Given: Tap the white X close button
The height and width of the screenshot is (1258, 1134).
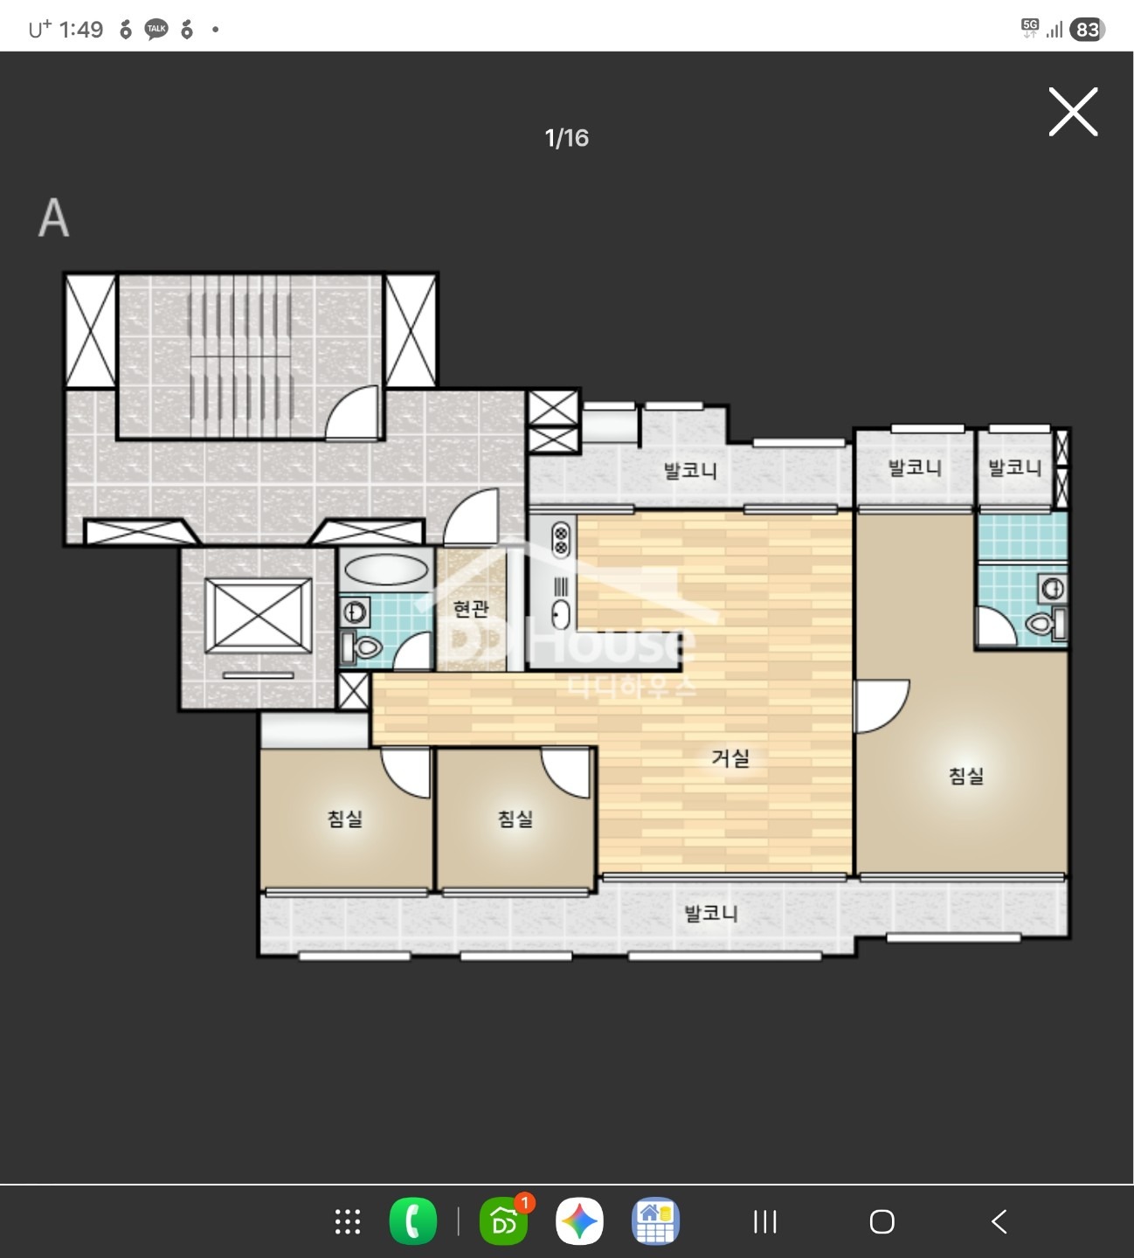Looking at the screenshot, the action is (x=1073, y=112).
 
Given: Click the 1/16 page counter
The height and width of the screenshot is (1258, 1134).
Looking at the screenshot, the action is (x=566, y=138).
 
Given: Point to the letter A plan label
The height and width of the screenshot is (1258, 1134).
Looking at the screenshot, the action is (x=54, y=218).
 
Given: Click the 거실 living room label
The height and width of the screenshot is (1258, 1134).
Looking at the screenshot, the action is (x=730, y=758).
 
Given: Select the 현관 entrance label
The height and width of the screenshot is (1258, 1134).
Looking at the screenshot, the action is (x=470, y=608).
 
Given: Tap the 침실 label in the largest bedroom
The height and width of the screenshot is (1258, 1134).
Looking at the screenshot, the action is (x=966, y=777).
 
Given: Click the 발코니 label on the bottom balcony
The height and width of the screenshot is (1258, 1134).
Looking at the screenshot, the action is (x=710, y=913).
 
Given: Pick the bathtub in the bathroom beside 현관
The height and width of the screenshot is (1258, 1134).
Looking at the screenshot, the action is (x=386, y=570).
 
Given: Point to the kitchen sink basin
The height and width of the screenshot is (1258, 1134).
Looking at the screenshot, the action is (x=560, y=614).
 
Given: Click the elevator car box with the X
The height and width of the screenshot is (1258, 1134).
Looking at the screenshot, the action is (x=258, y=616).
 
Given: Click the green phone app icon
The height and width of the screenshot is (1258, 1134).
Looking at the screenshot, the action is (x=412, y=1221).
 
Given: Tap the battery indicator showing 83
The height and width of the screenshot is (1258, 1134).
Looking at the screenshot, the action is (x=1088, y=30).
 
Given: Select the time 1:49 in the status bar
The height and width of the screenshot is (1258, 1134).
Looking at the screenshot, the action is (x=81, y=30).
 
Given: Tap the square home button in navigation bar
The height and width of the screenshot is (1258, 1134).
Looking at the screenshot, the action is (x=882, y=1221).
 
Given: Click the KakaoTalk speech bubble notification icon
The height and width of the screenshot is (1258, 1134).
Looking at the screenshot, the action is (x=156, y=29).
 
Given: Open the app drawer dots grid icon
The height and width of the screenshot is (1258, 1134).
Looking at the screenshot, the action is (x=348, y=1221).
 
